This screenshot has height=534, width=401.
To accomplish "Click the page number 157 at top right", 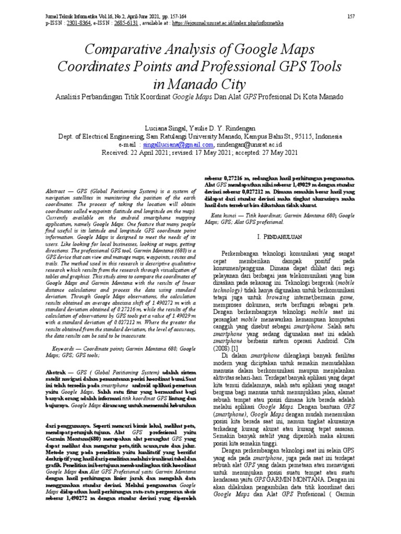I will tap(350, 17).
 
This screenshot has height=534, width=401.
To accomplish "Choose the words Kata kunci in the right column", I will tap(227, 215).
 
